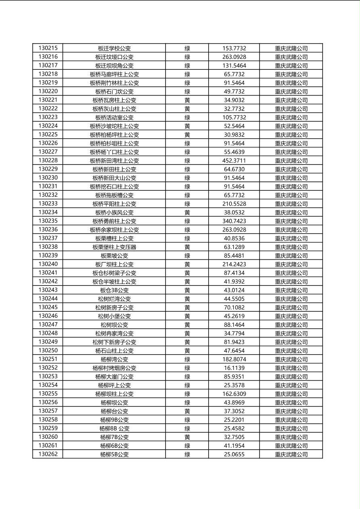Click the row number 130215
pyautogui.click(x=48, y=48)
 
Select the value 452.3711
pyautogui.click(x=234, y=161)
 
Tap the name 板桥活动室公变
pyautogui.click(x=114, y=117)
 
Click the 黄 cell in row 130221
pyautogui.click(x=187, y=100)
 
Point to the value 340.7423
pyautogui.click(x=234, y=221)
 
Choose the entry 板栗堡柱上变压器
pyautogui.click(x=114, y=247)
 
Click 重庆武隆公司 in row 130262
pyautogui.click(x=291, y=455)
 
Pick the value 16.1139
pyautogui.click(x=234, y=368)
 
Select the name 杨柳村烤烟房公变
pyautogui.click(x=114, y=368)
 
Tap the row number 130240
pyautogui.click(x=48, y=264)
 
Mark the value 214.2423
pyautogui.click(x=234, y=264)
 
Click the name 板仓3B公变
pyautogui.click(x=114, y=290)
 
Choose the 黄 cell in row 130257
pyautogui.click(x=187, y=411)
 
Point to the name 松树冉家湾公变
pyautogui.click(x=114, y=333)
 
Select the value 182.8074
pyautogui.click(x=234, y=359)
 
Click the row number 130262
pyautogui.click(x=48, y=454)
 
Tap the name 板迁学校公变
pyautogui.click(x=114, y=48)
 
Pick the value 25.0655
pyautogui.click(x=234, y=454)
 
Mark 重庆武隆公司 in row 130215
pyautogui.click(x=291, y=48)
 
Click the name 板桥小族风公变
pyautogui.click(x=114, y=212)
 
